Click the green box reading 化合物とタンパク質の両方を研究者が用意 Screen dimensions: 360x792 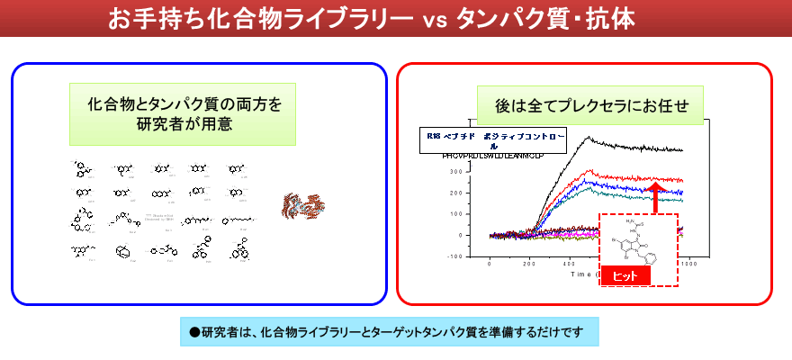(x=184, y=113)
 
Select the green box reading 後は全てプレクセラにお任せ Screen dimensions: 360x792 (x=591, y=105)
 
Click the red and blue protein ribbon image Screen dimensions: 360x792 (x=302, y=207)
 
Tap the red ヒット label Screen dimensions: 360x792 (x=625, y=276)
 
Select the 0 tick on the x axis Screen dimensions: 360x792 (x=490, y=265)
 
